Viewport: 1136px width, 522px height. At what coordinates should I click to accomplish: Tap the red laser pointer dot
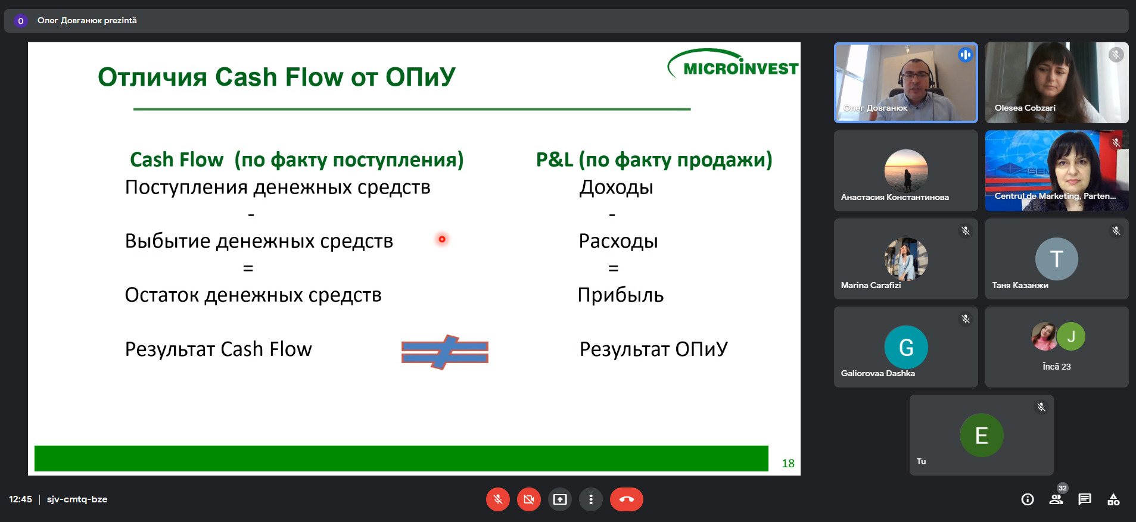442,239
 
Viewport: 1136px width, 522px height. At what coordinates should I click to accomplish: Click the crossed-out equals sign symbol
445,352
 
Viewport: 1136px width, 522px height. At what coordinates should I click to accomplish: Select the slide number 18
788,463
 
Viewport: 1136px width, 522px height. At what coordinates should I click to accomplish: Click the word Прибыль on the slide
621,295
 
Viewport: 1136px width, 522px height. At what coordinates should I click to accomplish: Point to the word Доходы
617,188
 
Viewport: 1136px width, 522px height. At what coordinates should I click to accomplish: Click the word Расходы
618,241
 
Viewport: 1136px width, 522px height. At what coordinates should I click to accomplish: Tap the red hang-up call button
626,499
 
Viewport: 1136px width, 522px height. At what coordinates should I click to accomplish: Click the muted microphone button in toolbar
498,499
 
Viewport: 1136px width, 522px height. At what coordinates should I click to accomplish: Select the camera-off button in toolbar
529,499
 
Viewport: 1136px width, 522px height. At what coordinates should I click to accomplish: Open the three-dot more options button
591,499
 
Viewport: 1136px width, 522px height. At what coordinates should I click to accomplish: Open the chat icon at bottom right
1085,499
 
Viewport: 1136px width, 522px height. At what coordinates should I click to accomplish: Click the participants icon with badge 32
1057,499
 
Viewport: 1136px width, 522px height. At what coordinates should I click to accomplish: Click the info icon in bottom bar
1028,499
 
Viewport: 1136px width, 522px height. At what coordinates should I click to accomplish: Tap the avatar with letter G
906,347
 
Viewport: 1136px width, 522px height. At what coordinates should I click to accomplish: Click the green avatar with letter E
982,435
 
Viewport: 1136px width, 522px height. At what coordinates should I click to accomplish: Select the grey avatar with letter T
1057,259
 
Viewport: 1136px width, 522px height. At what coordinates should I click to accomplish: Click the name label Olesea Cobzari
1025,108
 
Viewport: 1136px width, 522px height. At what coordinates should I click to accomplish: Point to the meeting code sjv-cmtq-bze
77,499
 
